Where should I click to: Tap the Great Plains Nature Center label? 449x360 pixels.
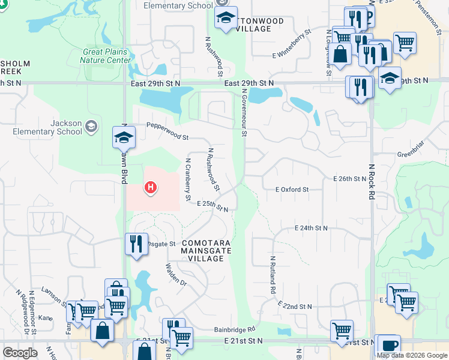point(106,56)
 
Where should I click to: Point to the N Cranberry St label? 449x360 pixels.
point(188,179)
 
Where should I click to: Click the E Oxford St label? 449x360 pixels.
point(292,190)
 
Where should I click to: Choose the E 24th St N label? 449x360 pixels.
point(311,229)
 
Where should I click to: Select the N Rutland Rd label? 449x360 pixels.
point(273,275)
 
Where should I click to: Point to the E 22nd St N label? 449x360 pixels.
point(295,306)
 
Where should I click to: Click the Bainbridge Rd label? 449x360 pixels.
point(235,329)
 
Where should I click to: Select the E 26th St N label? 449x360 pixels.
point(349,179)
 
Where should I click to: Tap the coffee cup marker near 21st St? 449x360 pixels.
point(389,346)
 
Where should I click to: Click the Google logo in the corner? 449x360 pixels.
point(20,353)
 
